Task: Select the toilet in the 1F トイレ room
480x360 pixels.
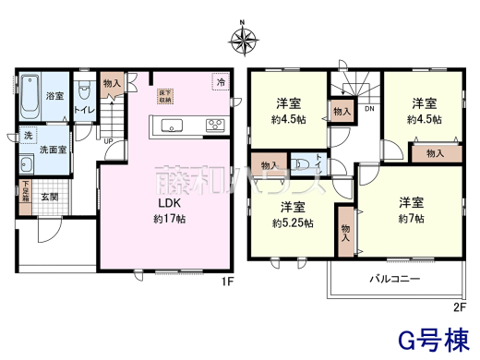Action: pos(84,93)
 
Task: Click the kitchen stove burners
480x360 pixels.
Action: pos(215,126)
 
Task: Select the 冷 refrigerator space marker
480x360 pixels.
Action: pos(222,82)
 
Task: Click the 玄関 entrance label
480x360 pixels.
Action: pos(49,198)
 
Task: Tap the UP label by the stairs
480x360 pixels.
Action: pos(108,140)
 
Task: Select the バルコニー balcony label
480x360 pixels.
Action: pos(396,277)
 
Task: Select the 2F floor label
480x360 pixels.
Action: pos(460,306)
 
